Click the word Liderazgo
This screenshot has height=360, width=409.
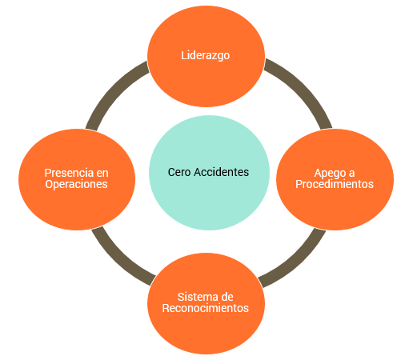click(206, 56)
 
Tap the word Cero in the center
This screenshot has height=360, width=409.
click(179, 172)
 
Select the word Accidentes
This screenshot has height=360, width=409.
click(222, 172)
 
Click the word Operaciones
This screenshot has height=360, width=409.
click(76, 184)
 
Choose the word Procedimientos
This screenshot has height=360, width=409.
click(335, 184)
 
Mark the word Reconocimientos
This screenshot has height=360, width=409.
click(206, 308)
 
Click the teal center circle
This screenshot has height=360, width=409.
click(209, 173)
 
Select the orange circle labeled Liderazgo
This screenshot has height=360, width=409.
click(206, 56)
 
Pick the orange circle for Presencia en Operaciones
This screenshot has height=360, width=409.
click(77, 179)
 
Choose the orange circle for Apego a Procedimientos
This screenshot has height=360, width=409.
click(335, 179)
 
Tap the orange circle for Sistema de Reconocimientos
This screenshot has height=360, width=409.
click(206, 303)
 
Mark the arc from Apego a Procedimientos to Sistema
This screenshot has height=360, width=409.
click(299, 263)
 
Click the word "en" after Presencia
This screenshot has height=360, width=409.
click(102, 174)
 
